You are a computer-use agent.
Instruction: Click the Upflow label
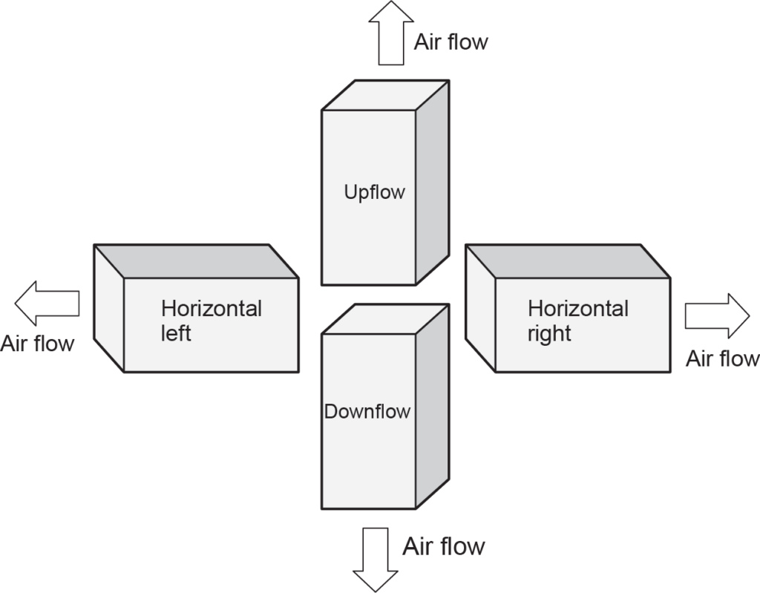pos(375,192)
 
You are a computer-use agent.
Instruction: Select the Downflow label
pos(367,411)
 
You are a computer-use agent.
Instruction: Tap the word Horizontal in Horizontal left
pos(212,308)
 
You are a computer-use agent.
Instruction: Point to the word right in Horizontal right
pos(549,333)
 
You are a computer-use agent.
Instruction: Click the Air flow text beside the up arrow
pos(451,42)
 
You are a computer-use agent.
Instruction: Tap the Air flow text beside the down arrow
pos(444,547)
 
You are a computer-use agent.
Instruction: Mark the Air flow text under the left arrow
pos(37,344)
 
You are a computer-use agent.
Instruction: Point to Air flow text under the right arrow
pos(722,359)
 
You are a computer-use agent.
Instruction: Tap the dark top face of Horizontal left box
pos(197,261)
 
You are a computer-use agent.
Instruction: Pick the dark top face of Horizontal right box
pos(568,261)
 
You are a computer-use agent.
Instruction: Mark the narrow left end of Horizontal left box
pos(108,308)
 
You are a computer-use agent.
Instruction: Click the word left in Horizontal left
pos(176,333)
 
